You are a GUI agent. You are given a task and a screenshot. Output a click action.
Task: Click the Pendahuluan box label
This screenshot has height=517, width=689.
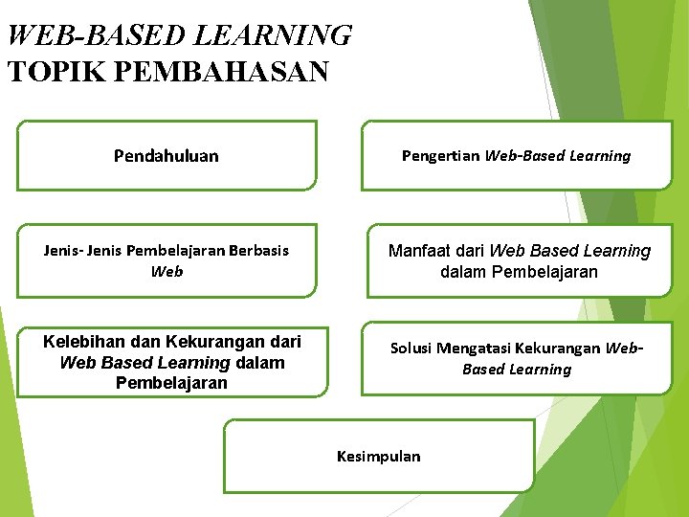tap(166, 155)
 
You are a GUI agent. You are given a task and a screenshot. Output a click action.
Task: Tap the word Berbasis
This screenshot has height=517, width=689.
tap(258, 251)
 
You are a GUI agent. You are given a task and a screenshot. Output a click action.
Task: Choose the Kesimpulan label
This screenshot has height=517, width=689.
tap(378, 456)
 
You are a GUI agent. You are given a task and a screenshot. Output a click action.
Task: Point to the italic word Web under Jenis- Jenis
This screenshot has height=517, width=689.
tap(167, 272)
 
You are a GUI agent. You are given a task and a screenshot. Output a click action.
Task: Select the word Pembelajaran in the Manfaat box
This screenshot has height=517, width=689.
tap(545, 272)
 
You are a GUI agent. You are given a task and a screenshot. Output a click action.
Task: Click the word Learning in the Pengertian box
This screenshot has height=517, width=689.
tap(600, 155)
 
